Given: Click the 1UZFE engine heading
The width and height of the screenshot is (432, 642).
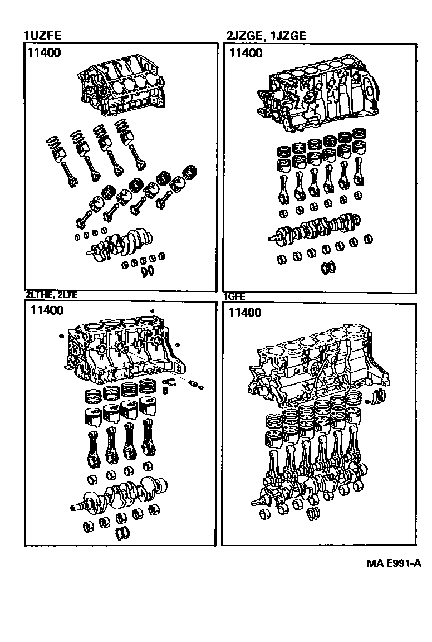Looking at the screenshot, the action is [x=42, y=36].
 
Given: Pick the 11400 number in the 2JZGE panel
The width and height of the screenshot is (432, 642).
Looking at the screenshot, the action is [x=245, y=53].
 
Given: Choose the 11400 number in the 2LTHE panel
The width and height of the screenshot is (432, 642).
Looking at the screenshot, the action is [x=47, y=310].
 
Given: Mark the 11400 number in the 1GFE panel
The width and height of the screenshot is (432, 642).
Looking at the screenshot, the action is [x=245, y=312].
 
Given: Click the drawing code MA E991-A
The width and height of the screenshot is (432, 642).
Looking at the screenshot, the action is [x=394, y=563].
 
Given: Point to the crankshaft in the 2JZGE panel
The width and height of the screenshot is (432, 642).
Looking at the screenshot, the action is [x=317, y=228].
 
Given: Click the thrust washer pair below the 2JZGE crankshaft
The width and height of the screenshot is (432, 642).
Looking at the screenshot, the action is [x=328, y=268].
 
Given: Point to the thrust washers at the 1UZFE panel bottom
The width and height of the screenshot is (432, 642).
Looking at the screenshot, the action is [x=149, y=272].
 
